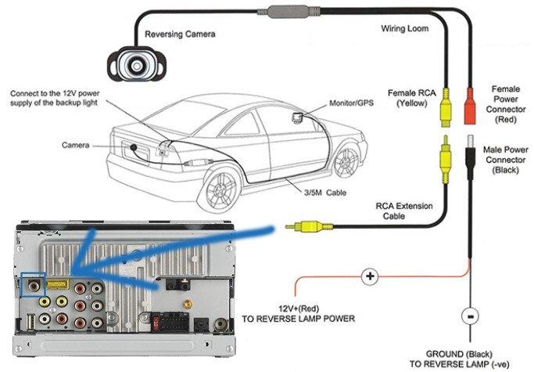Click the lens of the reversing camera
tap(138, 63)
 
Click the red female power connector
tap(470, 110)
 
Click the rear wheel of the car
tap(221, 188)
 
